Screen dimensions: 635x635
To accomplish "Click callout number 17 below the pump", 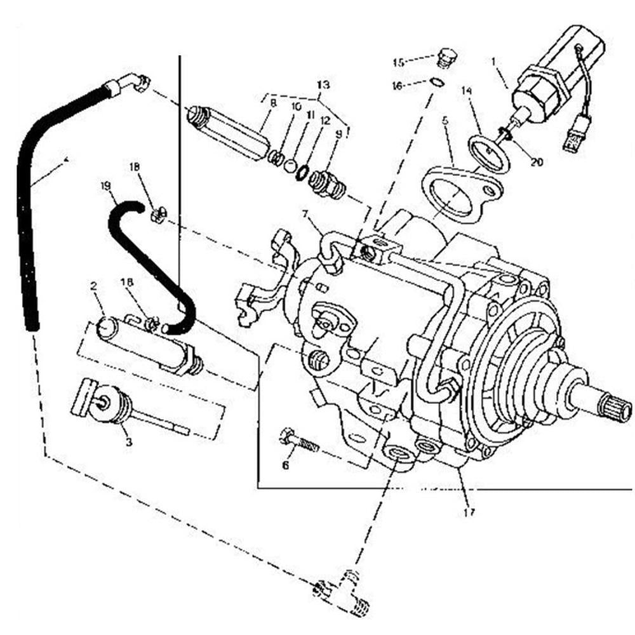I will click(469, 511).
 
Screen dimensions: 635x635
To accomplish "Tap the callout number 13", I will click(323, 84).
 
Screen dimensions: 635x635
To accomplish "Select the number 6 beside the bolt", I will click(285, 465).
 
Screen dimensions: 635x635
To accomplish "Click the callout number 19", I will click(105, 186).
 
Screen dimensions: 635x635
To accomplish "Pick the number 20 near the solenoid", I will click(537, 162).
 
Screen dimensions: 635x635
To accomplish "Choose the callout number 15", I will click(398, 62).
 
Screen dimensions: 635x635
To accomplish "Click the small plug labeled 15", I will click(447, 58).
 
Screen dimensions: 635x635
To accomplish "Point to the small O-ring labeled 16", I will click(436, 81).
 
